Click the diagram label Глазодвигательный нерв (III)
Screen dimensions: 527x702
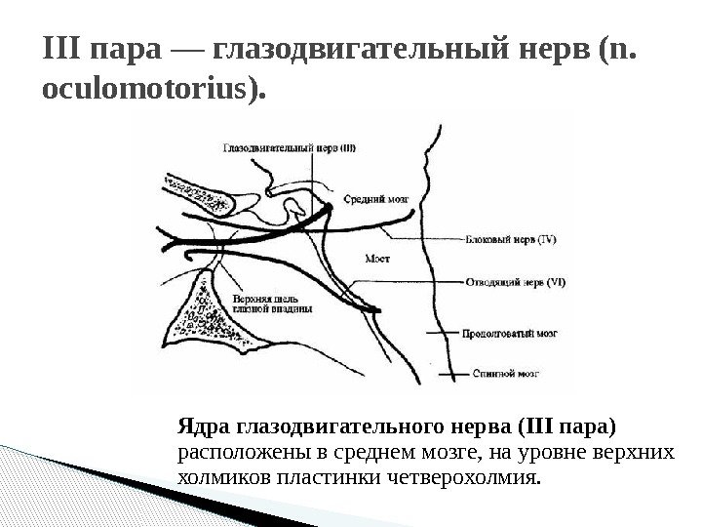(290, 148)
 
